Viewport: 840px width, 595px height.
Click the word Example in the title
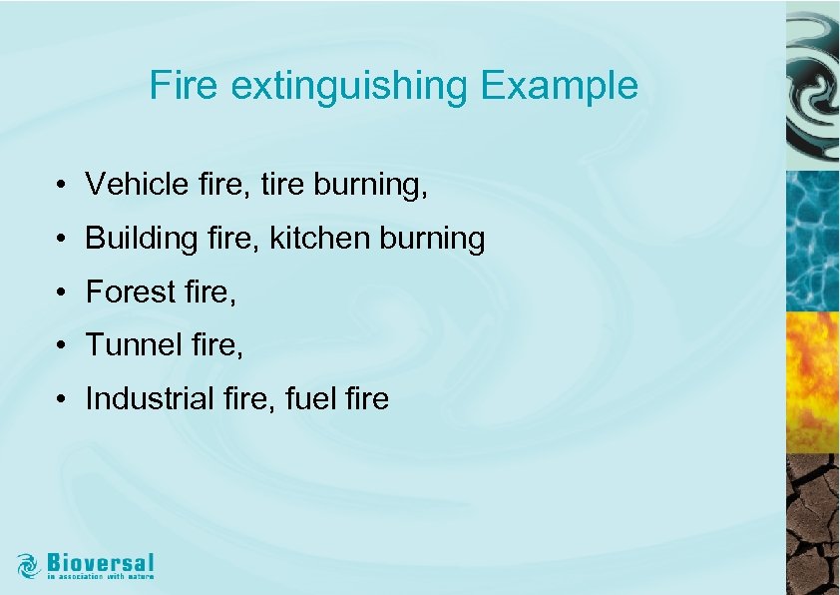559,86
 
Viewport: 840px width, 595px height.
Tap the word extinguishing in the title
348,87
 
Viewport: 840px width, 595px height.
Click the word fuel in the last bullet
305,399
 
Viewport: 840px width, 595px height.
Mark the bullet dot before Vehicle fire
62,186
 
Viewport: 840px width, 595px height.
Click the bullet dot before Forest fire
62,294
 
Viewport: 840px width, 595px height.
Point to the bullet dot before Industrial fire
62,400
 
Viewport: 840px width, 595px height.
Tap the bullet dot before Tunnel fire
62,346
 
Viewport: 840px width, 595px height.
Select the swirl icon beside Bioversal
29,565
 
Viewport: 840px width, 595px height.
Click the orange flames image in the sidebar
812,382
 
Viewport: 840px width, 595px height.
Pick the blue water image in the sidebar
812,240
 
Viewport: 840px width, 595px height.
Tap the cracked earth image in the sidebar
812,524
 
